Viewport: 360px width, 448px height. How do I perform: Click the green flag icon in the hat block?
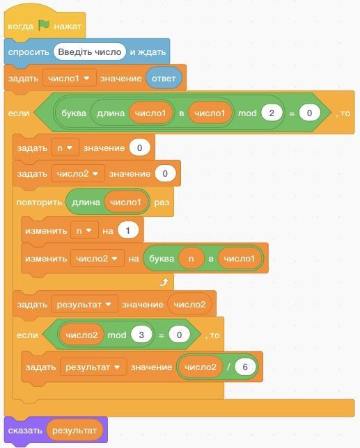coord(44,26)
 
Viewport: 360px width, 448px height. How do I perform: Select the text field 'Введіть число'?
coord(90,51)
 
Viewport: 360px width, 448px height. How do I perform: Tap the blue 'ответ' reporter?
coord(164,79)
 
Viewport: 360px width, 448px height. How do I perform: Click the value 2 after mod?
coord(272,113)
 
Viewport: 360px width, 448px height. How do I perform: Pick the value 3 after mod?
coord(141,335)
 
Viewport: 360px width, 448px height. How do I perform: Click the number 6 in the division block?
coord(245,367)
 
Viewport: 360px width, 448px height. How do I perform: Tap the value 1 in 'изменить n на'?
coord(128,230)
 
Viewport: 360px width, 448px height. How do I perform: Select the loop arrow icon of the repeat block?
coord(164,282)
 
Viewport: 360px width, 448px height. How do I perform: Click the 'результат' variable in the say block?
coord(75,431)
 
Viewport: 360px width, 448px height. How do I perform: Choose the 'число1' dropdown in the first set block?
coord(69,78)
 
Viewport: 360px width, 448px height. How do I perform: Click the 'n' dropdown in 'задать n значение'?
coord(65,147)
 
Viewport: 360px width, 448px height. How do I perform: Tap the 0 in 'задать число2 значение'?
coord(165,173)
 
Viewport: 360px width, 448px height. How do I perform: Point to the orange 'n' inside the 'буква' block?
coord(191,259)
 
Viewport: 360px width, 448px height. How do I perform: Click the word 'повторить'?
coord(39,202)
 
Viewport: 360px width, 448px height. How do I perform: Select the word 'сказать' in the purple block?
coord(25,431)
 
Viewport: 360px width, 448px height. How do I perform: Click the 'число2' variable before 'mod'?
coord(81,335)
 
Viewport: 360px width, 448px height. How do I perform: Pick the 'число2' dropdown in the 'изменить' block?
coord(97,258)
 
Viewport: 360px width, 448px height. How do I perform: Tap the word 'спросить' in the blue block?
coord(29,52)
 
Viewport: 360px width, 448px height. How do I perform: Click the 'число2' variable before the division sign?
coord(201,367)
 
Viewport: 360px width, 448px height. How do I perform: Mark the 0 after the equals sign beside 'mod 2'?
coord(309,113)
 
